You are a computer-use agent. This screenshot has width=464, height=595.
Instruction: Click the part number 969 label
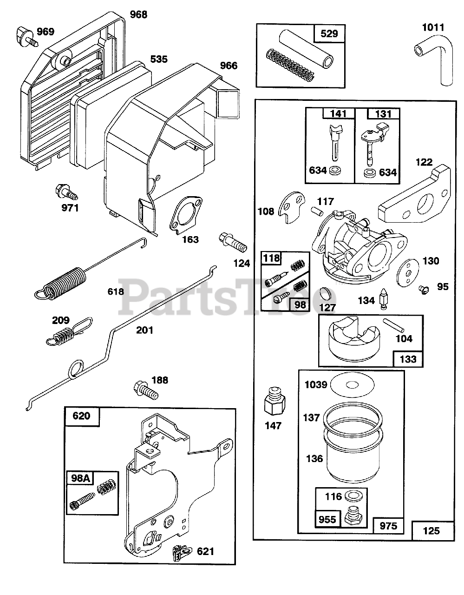(x=46, y=32)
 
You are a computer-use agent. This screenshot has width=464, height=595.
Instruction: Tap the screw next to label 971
(x=66, y=192)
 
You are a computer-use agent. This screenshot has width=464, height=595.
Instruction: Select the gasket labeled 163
(x=185, y=215)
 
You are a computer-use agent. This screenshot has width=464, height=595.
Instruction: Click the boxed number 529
(x=329, y=33)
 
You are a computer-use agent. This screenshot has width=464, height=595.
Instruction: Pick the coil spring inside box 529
(x=290, y=65)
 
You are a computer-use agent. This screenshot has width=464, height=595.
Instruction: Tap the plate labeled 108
(x=292, y=207)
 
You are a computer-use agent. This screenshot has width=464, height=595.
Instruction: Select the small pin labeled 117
(x=317, y=211)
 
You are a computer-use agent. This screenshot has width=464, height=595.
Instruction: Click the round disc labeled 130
(x=407, y=273)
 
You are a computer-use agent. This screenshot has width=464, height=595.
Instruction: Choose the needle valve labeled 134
(x=384, y=299)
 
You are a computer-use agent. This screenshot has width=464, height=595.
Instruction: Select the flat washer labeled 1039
(x=352, y=385)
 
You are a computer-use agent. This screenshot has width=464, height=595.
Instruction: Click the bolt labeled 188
(x=146, y=391)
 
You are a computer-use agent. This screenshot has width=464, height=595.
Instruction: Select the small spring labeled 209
(x=69, y=331)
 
